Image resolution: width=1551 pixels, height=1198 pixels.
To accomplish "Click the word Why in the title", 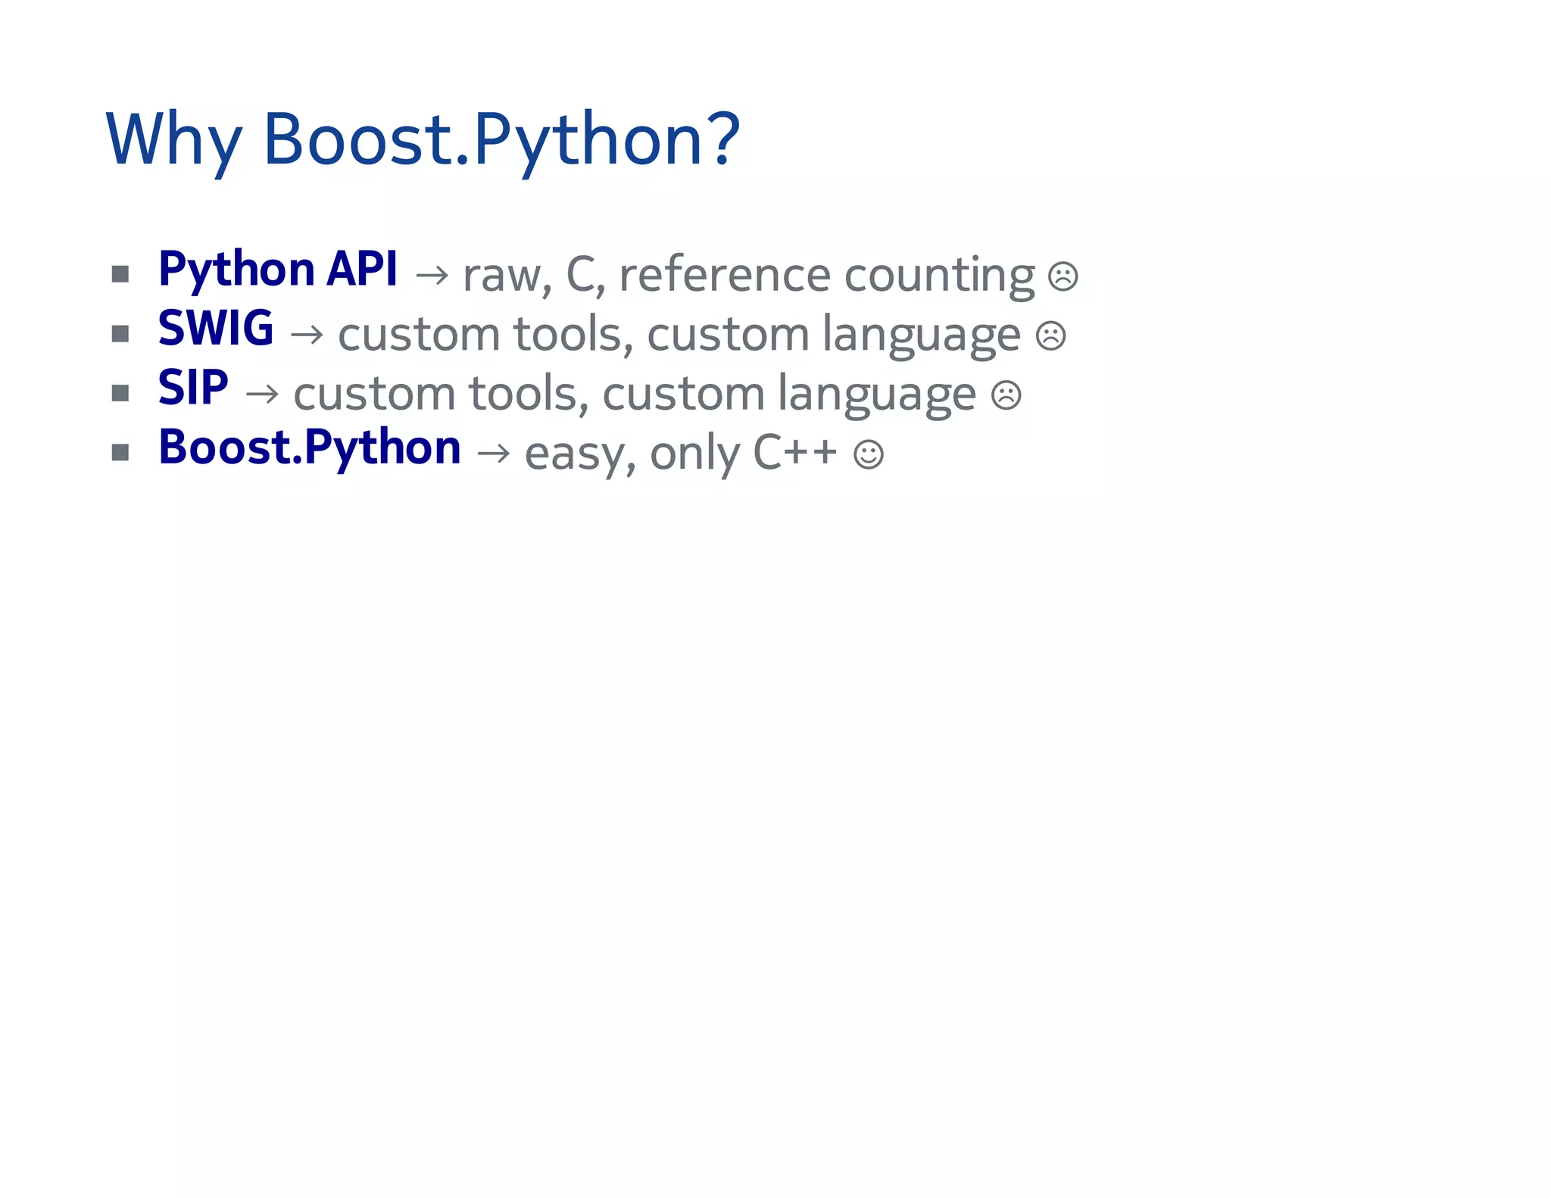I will point(173,140).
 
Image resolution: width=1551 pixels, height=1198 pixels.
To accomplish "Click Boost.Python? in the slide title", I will point(501,140).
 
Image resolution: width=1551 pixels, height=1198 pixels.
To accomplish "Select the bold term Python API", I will point(277,270).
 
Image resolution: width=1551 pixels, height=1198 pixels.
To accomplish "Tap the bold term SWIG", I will point(215,329).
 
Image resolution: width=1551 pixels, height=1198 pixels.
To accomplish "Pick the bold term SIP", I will point(192,388).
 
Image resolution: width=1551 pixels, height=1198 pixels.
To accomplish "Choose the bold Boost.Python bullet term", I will point(309,448).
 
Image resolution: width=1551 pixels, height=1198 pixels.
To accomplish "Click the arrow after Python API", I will point(432,275).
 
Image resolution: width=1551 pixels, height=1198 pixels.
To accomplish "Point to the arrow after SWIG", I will point(307,334).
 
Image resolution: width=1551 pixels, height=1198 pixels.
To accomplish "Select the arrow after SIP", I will point(262,394).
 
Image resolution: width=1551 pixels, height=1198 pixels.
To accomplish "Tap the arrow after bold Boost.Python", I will point(494,453).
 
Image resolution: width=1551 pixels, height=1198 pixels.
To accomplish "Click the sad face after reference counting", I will point(1063,276).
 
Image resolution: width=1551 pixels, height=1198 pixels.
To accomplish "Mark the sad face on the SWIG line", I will point(1050,335).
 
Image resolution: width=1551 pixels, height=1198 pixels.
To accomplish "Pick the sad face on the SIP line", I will point(1006,395).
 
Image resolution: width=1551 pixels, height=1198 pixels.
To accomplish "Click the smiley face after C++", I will point(868,454).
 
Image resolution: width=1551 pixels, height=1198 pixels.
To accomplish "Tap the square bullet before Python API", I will point(120,273).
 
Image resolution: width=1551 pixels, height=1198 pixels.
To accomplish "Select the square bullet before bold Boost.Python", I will point(120,452).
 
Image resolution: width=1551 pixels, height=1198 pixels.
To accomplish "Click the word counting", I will point(938,275).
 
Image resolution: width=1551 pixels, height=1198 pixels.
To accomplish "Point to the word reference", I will point(724,275).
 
